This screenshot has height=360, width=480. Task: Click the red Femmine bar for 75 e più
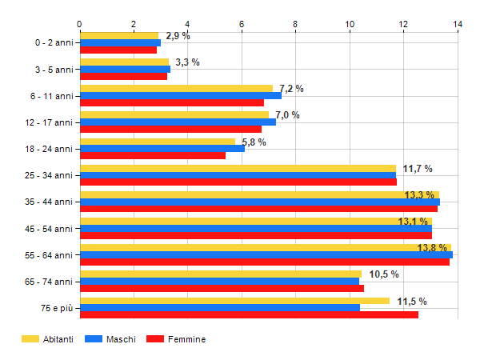[x=249, y=315]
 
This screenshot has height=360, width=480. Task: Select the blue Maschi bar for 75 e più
[x=220, y=308]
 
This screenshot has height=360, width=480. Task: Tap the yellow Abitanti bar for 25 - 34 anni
[x=238, y=168]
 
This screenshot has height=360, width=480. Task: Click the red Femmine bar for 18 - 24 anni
[x=153, y=155]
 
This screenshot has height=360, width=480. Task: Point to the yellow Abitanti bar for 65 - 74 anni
[x=221, y=274]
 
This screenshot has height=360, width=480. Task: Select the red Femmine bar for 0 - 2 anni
[x=118, y=50]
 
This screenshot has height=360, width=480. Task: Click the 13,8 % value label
[x=432, y=248]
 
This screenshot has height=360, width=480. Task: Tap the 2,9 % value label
[x=178, y=36]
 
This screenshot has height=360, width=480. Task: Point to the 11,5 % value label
[x=412, y=302]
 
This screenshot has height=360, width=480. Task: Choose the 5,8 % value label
[x=254, y=142]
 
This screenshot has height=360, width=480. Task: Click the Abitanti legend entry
[x=48, y=339]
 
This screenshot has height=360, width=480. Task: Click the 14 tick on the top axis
[x=458, y=24]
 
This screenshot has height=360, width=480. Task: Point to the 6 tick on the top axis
[x=242, y=24]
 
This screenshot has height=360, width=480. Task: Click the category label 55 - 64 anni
[x=49, y=255]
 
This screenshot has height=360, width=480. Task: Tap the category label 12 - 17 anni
[x=49, y=122]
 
